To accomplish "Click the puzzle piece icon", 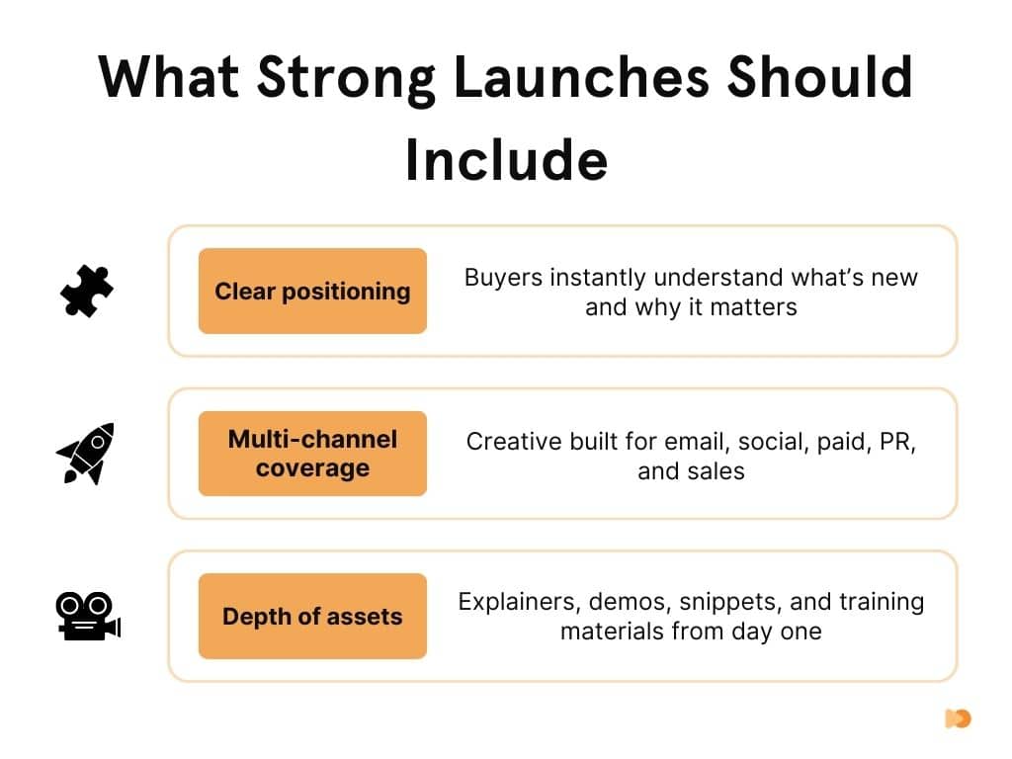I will tap(87, 292).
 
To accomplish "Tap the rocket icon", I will tap(86, 454).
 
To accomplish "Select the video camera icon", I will tap(87, 617).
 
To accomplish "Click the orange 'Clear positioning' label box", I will tap(312, 291).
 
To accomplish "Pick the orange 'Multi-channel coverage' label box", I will tap(312, 454).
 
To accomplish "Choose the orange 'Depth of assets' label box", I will tap(312, 617).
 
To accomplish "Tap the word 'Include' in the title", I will tap(506, 161).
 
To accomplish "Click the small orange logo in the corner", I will tap(958, 718).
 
